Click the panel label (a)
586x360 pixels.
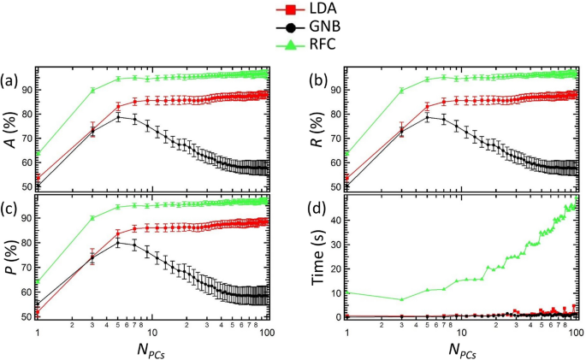(x=10, y=82)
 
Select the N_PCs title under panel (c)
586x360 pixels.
(x=153, y=350)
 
